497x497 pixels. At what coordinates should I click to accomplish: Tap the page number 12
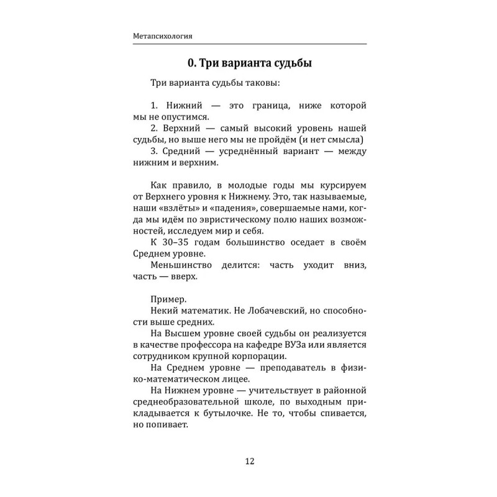[248, 461]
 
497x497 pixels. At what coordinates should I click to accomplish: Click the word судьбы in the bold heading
[288, 63]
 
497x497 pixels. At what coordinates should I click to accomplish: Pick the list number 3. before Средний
[155, 151]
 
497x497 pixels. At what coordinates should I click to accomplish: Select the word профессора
[213, 345]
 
